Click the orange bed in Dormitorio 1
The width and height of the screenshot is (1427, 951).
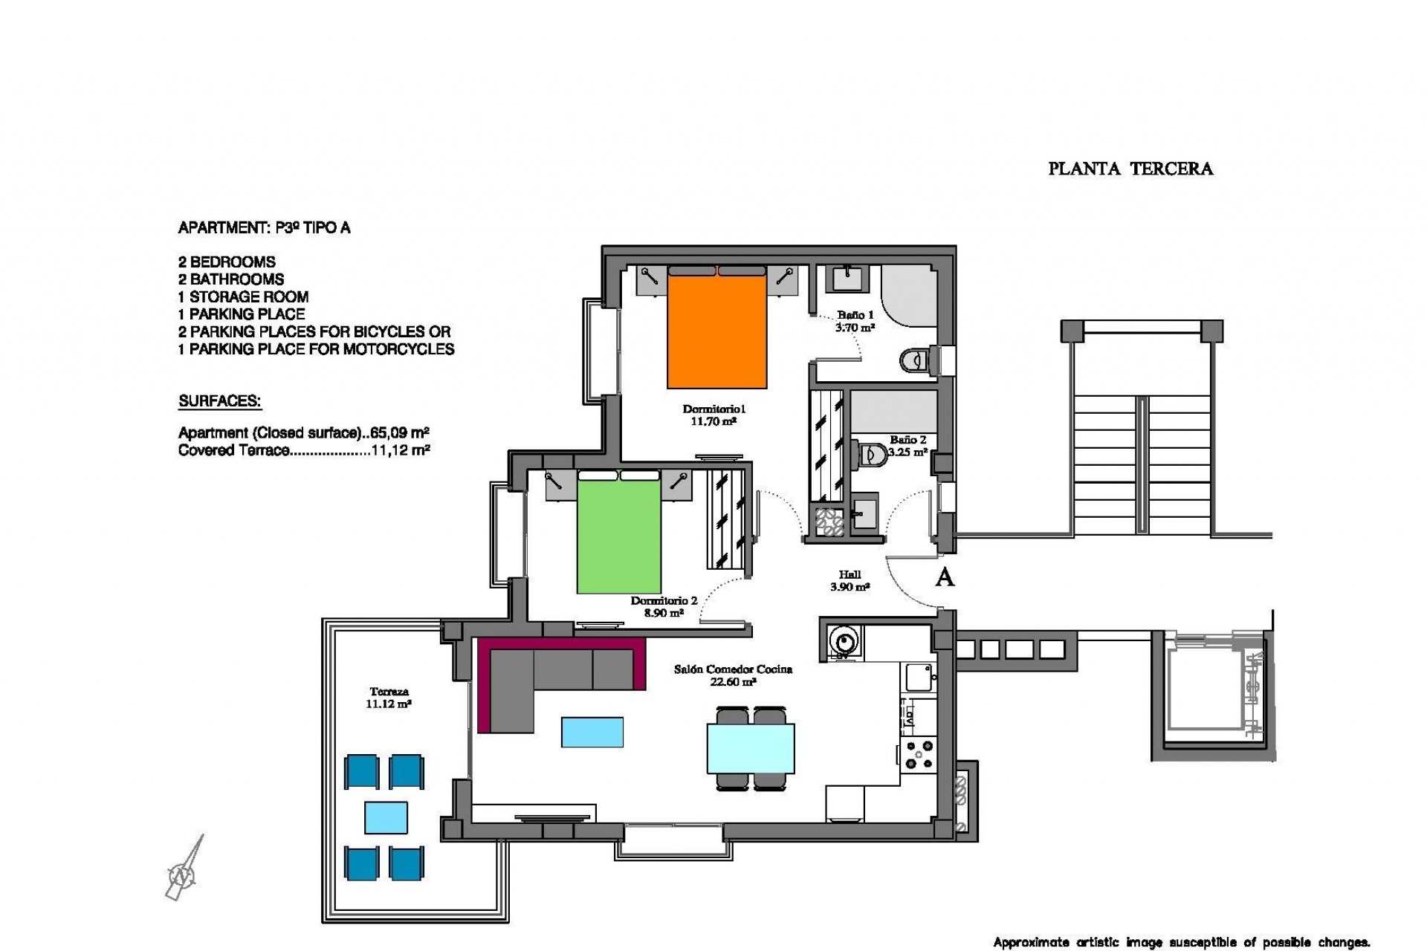coord(716,331)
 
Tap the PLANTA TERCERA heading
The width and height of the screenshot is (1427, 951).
coord(1130,169)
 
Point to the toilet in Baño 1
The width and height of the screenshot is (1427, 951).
coord(915,360)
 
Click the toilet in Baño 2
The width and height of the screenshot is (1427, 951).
coord(870,453)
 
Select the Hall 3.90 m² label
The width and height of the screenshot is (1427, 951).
coord(850,580)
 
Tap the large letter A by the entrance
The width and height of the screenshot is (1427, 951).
coord(944,577)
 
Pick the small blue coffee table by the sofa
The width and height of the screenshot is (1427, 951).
coord(592,732)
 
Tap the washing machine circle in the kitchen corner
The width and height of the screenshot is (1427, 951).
coord(843,640)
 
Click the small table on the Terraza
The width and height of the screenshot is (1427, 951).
coord(386,817)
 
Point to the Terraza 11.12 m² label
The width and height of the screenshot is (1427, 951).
coord(389,698)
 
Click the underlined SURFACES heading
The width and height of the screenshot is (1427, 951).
coord(219,402)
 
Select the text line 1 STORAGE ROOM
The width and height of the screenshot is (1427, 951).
coord(243,296)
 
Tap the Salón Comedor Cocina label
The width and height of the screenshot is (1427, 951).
coord(733,675)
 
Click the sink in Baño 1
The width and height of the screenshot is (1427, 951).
coord(846,279)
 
